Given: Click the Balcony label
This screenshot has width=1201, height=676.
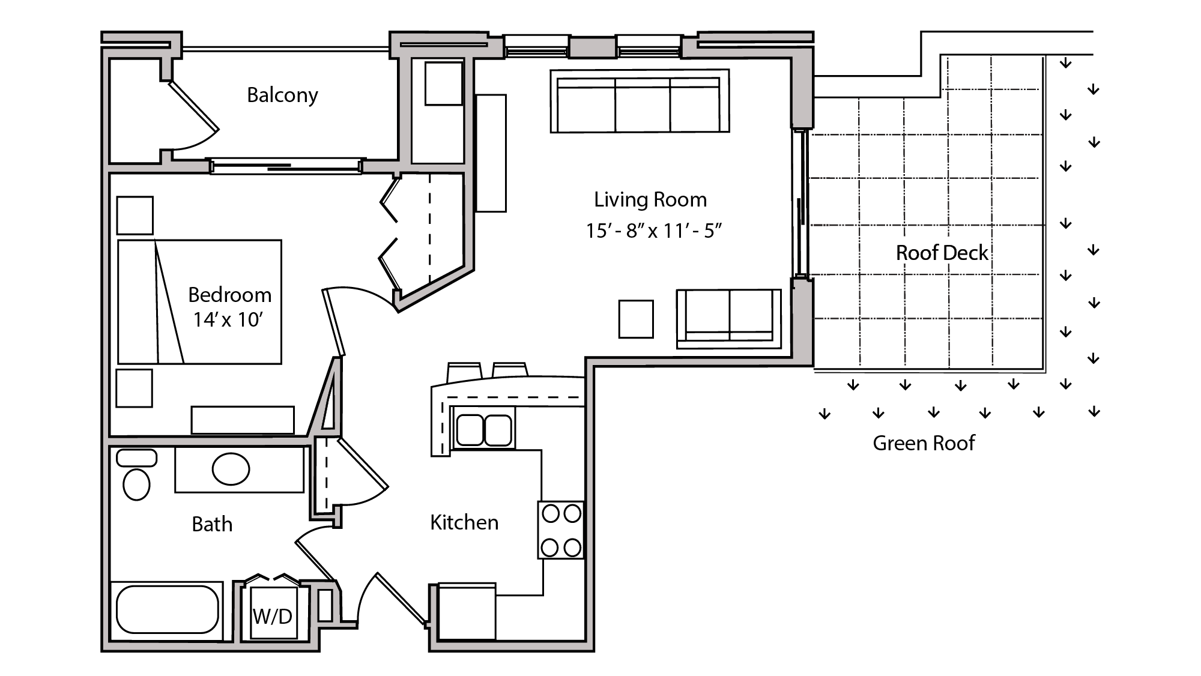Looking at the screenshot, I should point(282,95).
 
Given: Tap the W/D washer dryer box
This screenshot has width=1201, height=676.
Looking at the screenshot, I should point(273,616).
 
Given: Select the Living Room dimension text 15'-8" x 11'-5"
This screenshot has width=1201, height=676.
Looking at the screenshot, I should point(653,231).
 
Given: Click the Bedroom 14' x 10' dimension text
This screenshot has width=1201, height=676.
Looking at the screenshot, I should point(228,319).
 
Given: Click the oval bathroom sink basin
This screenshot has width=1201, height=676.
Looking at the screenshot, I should point(231,469).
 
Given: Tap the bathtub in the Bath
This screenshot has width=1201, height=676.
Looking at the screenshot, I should point(167,609).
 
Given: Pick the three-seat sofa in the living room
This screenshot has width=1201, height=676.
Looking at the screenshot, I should point(640,101).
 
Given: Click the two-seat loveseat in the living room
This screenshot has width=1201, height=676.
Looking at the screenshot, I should point(728,319).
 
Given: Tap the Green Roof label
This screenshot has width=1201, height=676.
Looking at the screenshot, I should point(923,443).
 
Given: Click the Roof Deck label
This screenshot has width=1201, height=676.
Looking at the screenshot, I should point(942,253).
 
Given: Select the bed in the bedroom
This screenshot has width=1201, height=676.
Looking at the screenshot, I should point(199,302).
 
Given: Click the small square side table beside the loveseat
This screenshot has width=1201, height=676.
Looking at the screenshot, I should point(636,319).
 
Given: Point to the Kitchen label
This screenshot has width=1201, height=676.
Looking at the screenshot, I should point(464,522).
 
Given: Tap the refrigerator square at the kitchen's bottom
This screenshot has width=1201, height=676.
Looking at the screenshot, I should point(467,612).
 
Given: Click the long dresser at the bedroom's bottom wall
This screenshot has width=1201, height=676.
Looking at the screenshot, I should point(243,420).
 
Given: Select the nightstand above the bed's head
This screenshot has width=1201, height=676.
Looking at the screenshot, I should point(135,215).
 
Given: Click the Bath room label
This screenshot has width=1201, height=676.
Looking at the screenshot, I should point(212,524).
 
